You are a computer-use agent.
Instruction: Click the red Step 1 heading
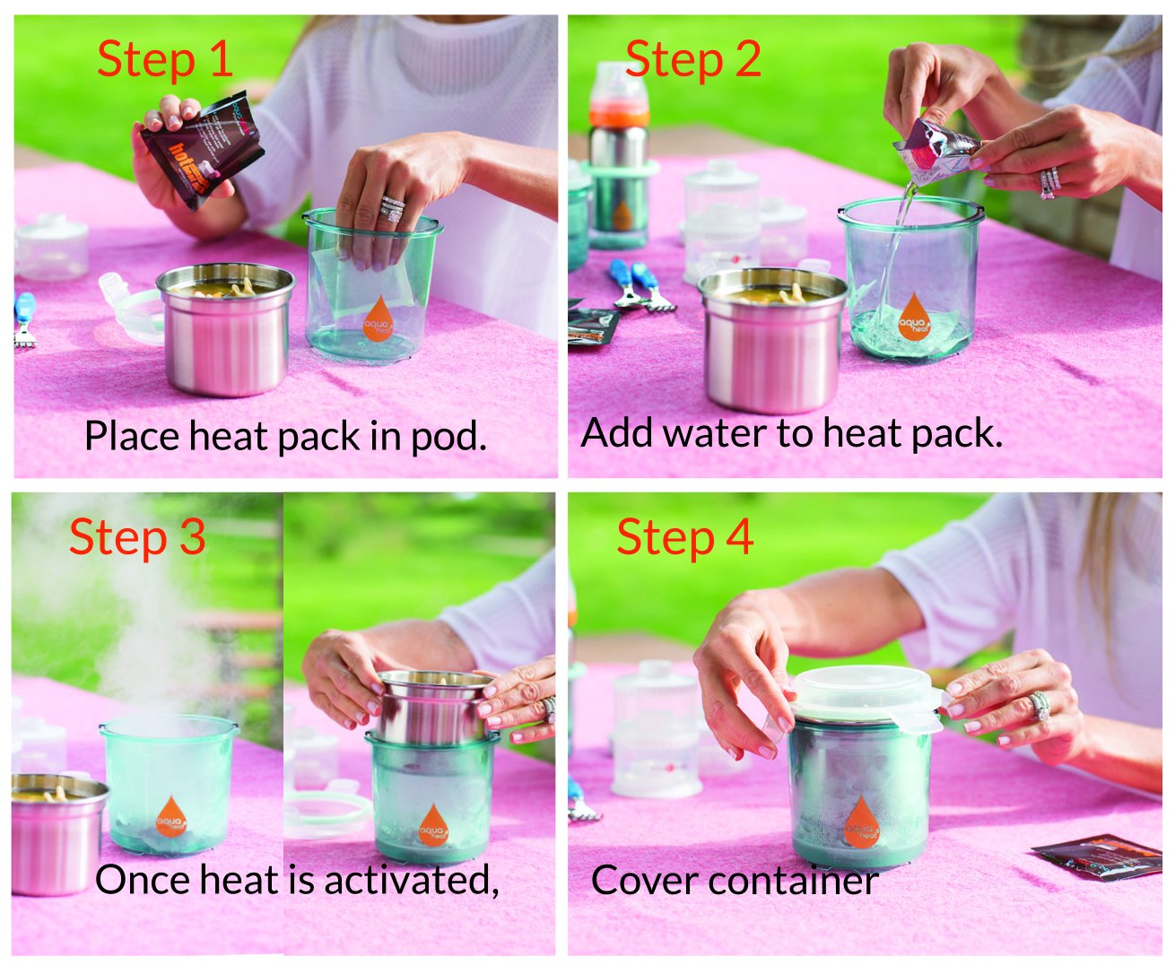(165, 60)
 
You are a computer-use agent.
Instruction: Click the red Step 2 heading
(692, 60)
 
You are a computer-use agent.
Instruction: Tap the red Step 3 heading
(137, 537)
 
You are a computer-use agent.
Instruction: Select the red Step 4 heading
(684, 537)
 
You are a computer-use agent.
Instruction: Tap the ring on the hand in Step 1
(392, 208)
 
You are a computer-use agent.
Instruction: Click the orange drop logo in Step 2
(914, 315)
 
